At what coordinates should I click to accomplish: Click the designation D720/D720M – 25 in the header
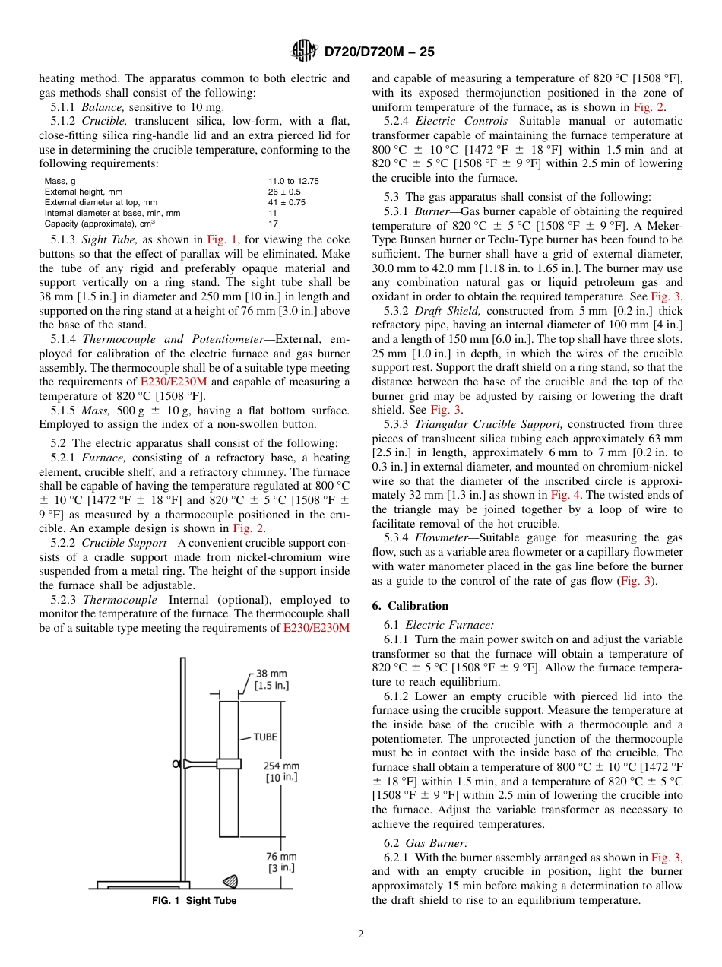(378, 52)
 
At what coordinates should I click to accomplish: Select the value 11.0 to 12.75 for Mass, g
(293, 181)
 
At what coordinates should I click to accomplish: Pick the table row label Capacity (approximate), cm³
(100, 224)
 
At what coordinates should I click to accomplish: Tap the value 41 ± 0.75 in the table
(287, 202)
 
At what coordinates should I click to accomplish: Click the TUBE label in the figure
(265, 737)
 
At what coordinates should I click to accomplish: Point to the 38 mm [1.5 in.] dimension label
(271, 680)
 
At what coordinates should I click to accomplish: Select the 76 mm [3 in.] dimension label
(282, 862)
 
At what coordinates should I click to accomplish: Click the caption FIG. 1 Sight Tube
(194, 901)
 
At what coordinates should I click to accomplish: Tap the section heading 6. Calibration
(410, 606)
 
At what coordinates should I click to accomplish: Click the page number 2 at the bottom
(360, 934)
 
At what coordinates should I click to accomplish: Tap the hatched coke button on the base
(230, 881)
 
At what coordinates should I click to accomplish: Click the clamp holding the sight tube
(228, 763)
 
